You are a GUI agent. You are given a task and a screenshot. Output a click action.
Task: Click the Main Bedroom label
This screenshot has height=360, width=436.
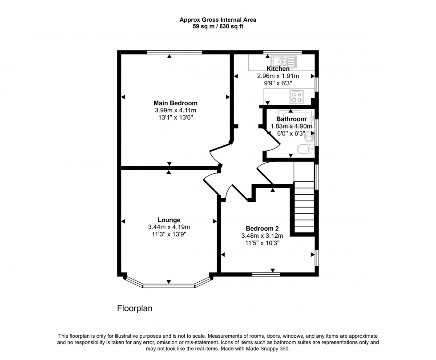[175, 103]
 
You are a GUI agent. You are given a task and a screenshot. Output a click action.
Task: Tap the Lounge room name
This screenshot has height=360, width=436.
[169, 220]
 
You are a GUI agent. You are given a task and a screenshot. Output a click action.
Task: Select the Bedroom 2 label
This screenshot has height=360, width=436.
[260, 228]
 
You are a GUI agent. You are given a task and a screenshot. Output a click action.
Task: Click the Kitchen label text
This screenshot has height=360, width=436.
[278, 69]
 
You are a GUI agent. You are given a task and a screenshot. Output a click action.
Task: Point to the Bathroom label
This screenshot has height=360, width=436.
[291, 119]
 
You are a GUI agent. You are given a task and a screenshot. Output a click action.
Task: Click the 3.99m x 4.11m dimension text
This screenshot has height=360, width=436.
[175, 110]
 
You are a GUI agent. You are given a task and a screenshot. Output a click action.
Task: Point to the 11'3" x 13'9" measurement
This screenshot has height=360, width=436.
[169, 234]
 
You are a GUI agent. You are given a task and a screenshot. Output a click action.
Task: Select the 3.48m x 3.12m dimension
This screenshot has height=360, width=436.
[260, 236]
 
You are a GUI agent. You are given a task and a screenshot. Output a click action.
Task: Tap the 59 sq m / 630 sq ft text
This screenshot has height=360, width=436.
[218, 26]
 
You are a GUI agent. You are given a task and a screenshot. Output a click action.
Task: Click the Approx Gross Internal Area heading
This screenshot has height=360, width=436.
[218, 20]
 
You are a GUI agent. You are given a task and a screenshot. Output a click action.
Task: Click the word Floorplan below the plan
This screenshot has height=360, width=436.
[134, 308]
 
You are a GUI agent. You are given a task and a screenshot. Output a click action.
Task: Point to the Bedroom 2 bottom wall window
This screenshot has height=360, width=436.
[266, 274]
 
